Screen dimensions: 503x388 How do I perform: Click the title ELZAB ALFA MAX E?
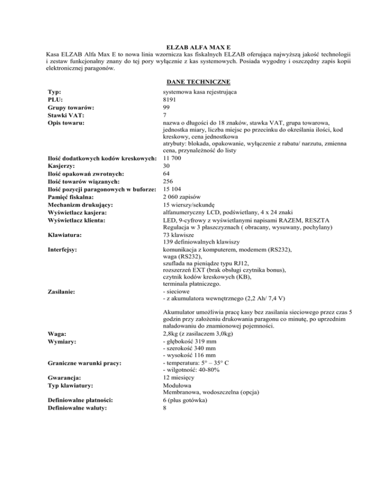194,46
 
